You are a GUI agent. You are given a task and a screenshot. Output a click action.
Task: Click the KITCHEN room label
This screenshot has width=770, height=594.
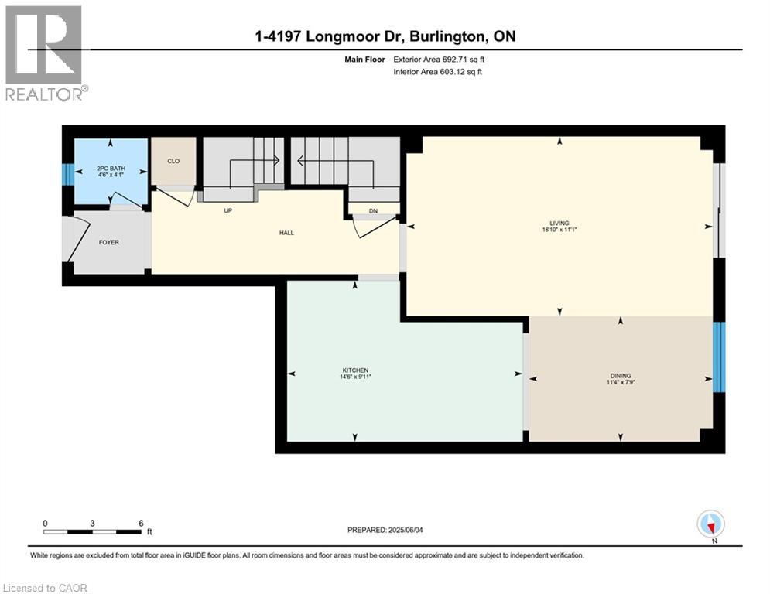(x=356, y=370)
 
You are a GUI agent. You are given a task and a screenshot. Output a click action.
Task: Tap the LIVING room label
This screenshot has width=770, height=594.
(x=560, y=222)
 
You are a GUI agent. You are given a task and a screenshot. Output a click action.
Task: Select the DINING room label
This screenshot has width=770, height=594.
(x=621, y=376)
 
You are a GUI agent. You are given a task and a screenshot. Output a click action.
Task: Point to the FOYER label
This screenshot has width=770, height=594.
(x=108, y=242)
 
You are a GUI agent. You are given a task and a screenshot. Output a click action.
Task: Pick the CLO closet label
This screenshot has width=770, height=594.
(x=173, y=161)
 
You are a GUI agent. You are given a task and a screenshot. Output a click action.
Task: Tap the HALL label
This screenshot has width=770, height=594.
(x=286, y=233)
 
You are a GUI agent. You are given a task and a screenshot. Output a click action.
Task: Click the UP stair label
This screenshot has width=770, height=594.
(x=228, y=210)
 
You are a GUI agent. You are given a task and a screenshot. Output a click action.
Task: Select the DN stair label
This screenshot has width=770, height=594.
(x=373, y=210)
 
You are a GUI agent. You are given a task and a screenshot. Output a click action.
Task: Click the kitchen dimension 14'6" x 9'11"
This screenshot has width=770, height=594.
(x=356, y=377)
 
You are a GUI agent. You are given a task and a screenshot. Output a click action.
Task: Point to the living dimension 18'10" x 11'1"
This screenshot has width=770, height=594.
(x=560, y=230)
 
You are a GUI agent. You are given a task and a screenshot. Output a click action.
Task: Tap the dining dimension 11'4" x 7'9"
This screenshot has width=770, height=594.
(x=621, y=383)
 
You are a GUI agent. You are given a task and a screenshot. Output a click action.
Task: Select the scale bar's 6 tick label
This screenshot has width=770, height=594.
(x=140, y=523)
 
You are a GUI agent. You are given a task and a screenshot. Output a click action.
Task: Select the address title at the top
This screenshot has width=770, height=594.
(x=385, y=36)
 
